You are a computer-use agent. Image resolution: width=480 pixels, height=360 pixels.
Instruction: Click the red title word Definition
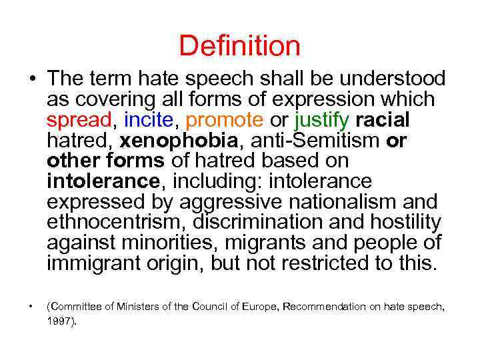(239, 46)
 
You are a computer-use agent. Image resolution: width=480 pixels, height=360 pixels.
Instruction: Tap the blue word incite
(147, 121)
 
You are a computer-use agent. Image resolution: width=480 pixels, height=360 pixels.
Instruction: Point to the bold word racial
(383, 121)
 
